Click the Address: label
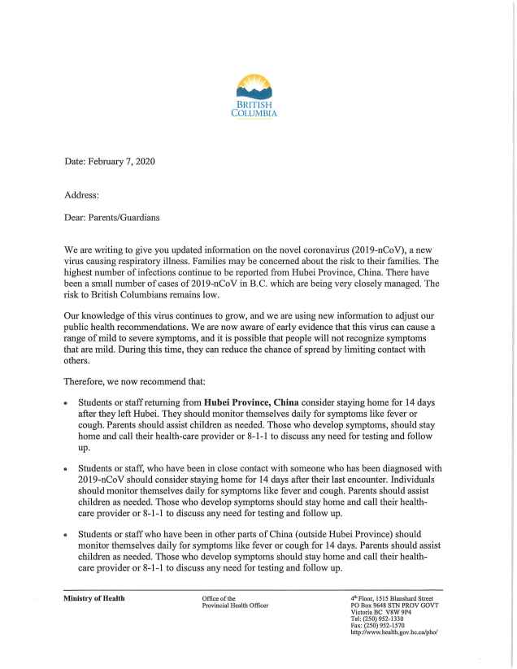point(82,195)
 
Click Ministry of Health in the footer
point(94,598)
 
